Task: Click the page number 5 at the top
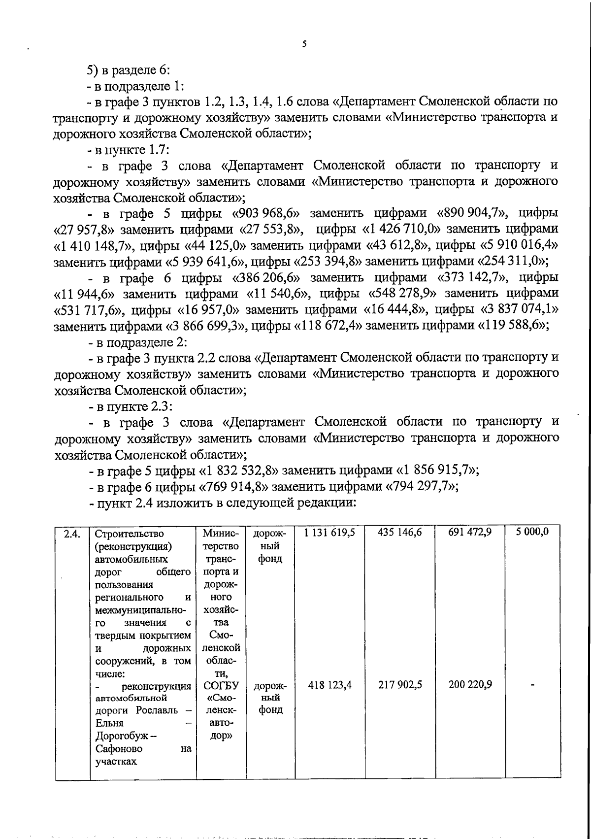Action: (304, 44)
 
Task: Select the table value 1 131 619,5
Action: (329, 532)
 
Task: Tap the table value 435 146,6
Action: (399, 532)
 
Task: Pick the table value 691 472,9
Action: (470, 532)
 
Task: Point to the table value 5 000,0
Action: (532, 532)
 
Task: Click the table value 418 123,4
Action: (329, 684)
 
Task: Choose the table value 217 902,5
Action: (399, 684)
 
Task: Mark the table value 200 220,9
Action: (470, 684)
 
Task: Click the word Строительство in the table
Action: (129, 534)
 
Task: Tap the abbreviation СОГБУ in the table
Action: (221, 685)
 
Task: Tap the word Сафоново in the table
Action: (119, 748)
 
